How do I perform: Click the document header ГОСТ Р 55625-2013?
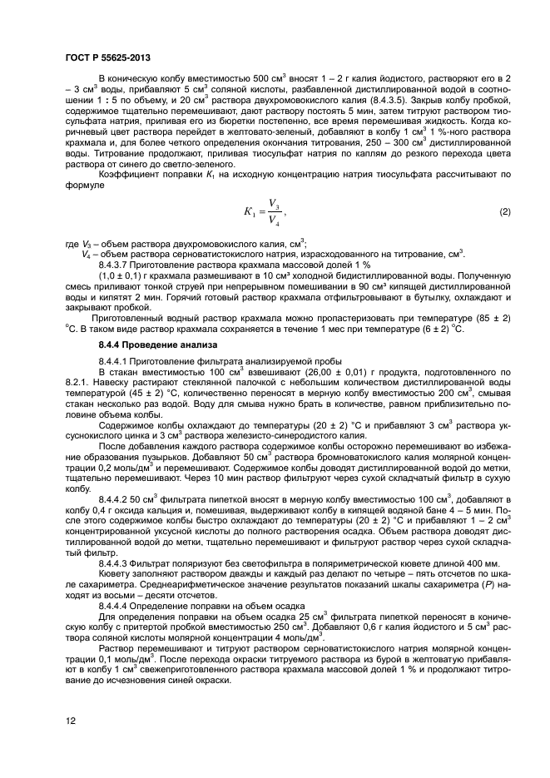tap(101, 56)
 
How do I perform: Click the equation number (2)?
tap(504, 212)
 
